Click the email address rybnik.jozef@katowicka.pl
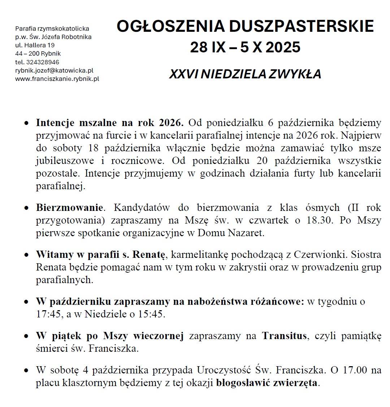tap(54, 70)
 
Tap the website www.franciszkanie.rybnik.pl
tap(57, 78)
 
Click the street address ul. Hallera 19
tap(35, 45)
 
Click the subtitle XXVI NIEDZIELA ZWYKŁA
tap(245, 74)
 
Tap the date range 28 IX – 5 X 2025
tap(245, 47)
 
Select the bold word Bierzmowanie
tap(70, 208)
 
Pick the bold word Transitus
tap(284, 336)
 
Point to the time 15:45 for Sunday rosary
tap(151, 314)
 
